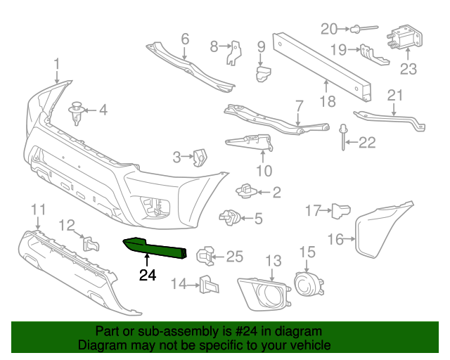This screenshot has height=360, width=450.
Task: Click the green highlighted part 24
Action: click(x=156, y=248)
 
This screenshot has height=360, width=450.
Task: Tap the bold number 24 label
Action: click(x=148, y=275)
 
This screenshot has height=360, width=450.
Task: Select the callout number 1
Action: click(x=57, y=66)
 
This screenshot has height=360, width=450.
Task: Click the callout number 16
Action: click(x=337, y=240)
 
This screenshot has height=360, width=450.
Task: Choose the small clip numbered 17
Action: click(x=341, y=209)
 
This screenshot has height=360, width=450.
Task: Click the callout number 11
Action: click(x=38, y=209)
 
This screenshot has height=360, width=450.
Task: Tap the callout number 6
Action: click(x=185, y=39)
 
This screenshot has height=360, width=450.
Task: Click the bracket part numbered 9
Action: click(x=263, y=73)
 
